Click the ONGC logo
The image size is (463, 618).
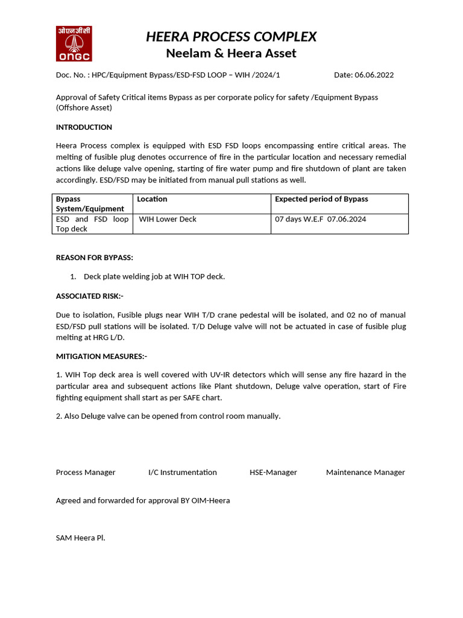(x=74, y=43)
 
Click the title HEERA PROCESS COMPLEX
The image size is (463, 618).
(x=231, y=37)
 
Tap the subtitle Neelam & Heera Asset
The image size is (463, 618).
(x=231, y=53)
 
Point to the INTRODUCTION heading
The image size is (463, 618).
(x=84, y=127)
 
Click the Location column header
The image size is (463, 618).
(x=152, y=199)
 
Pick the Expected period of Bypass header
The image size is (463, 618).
(x=321, y=199)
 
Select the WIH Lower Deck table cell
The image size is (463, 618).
(x=168, y=219)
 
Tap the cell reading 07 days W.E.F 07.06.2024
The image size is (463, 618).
(x=320, y=219)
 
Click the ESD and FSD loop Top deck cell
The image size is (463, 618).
(x=92, y=224)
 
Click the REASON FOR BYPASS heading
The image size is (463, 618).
(x=94, y=258)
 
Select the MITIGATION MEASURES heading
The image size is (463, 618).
(x=101, y=356)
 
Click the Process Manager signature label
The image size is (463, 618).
(x=86, y=473)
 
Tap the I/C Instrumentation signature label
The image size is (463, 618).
(x=182, y=473)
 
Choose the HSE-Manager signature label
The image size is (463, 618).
(x=273, y=473)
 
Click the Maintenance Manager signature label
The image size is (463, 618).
(x=365, y=473)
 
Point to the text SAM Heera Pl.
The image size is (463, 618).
(x=80, y=538)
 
